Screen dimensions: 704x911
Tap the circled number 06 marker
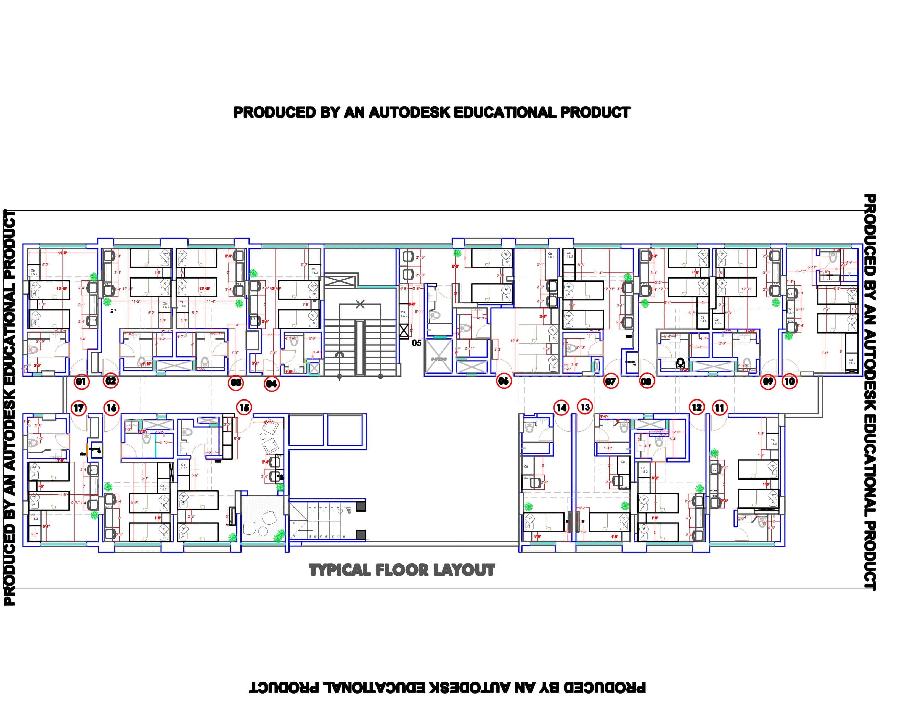tap(504, 380)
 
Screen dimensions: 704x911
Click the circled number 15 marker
tap(244, 407)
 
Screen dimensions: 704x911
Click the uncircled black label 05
tap(416, 343)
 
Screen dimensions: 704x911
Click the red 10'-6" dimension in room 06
tap(514, 341)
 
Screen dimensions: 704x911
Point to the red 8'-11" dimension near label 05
tap(419, 311)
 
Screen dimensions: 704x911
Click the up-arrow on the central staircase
tap(340, 354)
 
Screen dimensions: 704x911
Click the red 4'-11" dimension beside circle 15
tap(268, 422)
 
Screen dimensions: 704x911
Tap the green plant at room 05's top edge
tap(458, 253)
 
